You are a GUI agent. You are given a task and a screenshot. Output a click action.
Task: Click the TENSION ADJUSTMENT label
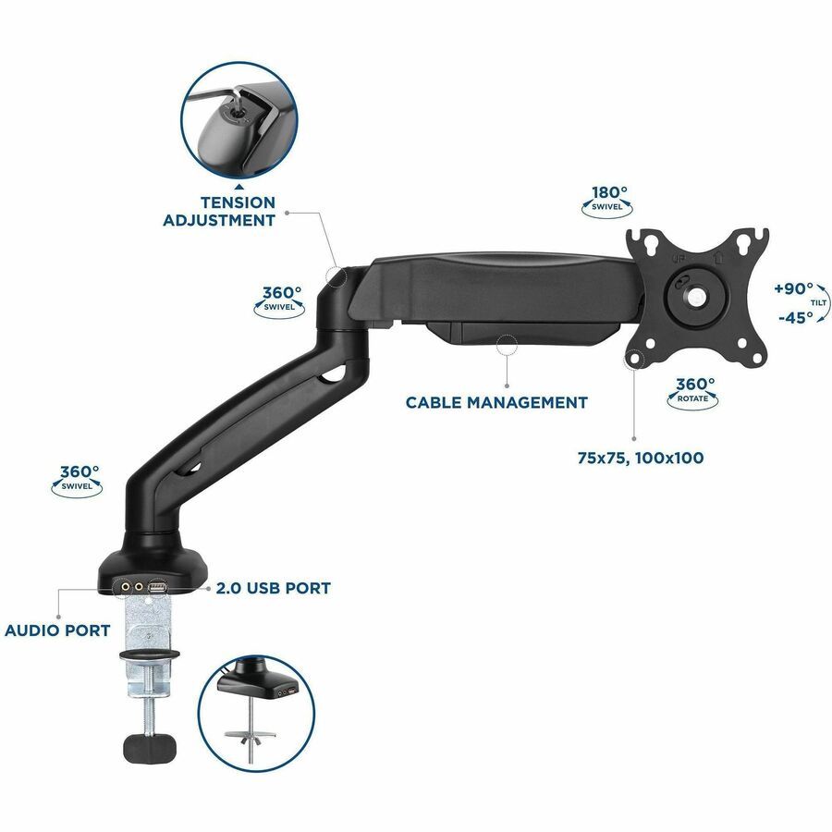pyautogui.click(x=219, y=211)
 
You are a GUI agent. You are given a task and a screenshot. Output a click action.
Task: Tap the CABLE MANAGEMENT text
pyautogui.click(x=496, y=402)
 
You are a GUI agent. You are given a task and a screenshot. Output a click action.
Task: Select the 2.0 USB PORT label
pyautogui.click(x=274, y=588)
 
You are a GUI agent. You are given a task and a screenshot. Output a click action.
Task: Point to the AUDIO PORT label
pyautogui.click(x=57, y=630)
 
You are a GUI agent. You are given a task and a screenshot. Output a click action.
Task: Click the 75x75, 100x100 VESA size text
pyautogui.click(x=641, y=458)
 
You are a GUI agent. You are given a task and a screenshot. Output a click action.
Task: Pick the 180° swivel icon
pyautogui.click(x=607, y=201)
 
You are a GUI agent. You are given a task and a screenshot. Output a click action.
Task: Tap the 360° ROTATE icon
pyautogui.click(x=693, y=393)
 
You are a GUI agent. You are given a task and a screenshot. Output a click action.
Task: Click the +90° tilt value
pyautogui.click(x=794, y=288)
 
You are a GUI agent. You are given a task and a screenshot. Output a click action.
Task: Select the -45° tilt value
pyautogui.click(x=796, y=317)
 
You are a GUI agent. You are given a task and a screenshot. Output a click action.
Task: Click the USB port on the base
pyautogui.click(x=158, y=587)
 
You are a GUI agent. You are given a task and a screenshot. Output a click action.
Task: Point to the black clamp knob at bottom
pyautogui.click(x=150, y=747)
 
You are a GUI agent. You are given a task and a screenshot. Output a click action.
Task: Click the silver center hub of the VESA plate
pyautogui.click(x=694, y=297)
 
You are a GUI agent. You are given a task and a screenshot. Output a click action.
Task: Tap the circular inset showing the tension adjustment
pyautogui.click(x=239, y=120)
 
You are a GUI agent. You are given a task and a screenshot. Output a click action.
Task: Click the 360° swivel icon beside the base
pyautogui.click(x=77, y=480)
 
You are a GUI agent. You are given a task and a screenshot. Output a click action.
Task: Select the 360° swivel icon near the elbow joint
pyautogui.click(x=279, y=301)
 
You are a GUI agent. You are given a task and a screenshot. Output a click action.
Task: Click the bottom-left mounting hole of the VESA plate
pyautogui.click(x=634, y=358)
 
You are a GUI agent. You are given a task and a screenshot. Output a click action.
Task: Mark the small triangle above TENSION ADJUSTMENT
pyautogui.click(x=239, y=187)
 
